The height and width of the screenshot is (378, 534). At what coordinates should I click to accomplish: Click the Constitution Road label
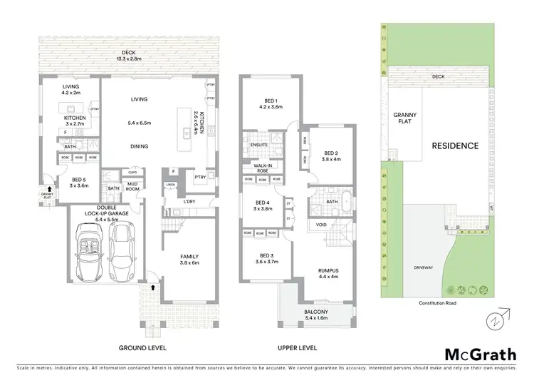pyautogui.click(x=438, y=302)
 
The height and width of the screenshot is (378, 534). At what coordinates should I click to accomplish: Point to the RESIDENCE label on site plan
pyautogui.click(x=455, y=145)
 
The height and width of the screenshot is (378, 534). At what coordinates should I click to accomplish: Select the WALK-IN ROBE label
pyautogui.click(x=263, y=168)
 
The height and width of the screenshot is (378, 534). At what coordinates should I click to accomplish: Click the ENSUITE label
pyautogui.click(x=259, y=145)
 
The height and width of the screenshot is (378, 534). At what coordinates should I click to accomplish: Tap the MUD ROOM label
pyautogui.click(x=132, y=188)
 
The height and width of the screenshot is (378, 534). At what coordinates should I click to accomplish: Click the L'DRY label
pyautogui.click(x=189, y=203)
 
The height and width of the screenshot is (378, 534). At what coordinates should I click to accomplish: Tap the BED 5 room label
pyautogui.click(x=79, y=183)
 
